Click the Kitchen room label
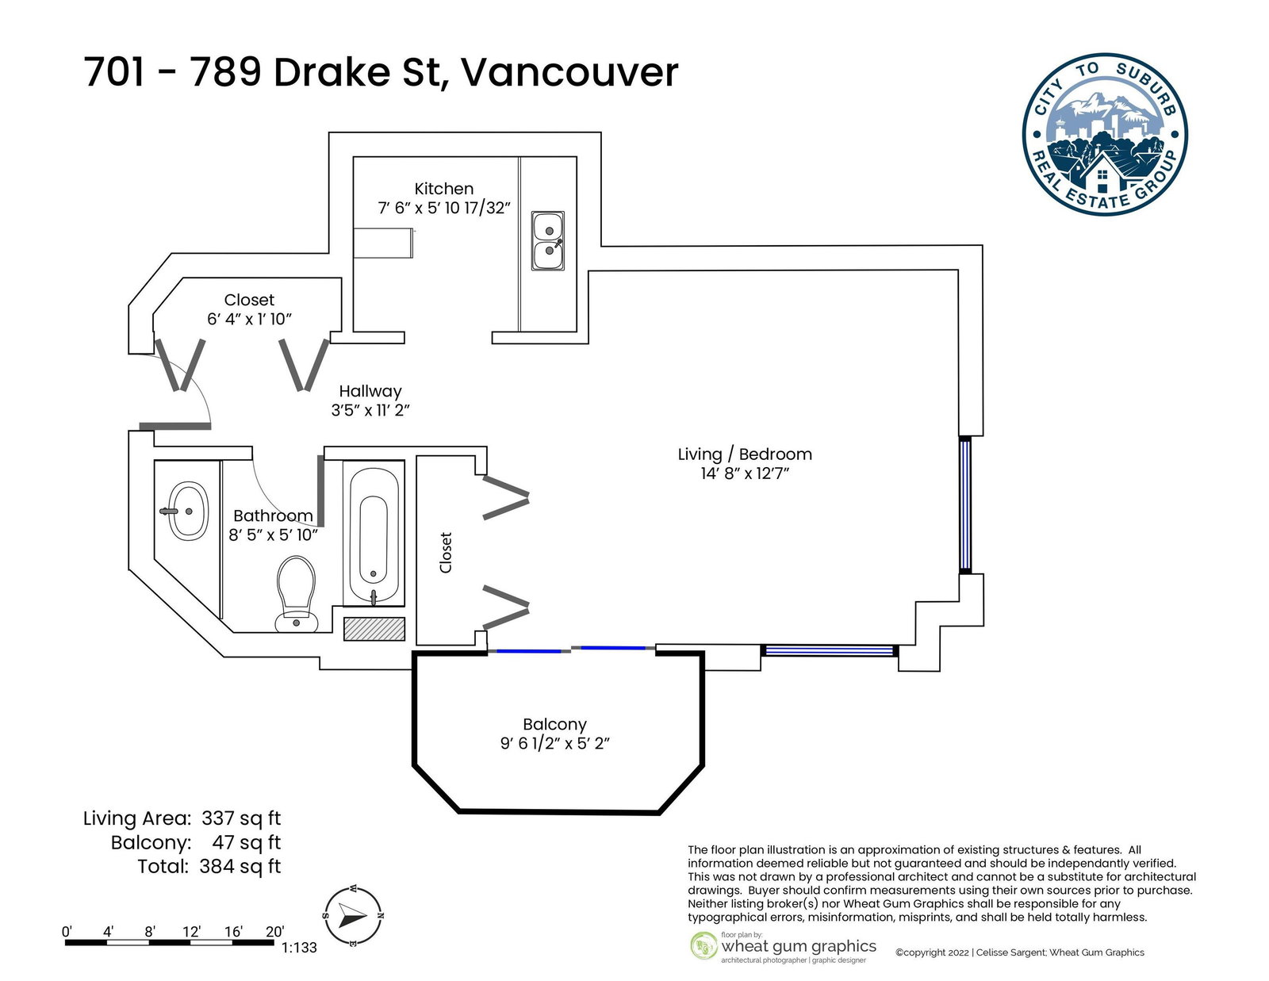click(444, 189)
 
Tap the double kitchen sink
click(548, 240)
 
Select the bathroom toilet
click(297, 593)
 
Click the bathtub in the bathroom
click(374, 534)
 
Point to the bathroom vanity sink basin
click(188, 511)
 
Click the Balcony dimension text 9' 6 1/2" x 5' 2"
click(554, 743)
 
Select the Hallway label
click(370, 391)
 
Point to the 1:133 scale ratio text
click(299, 947)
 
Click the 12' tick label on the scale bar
click(192, 931)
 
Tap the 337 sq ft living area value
click(241, 818)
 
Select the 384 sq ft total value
click(240, 866)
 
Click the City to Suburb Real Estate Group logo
click(1104, 135)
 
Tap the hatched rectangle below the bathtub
click(374, 629)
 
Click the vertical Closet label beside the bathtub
click(446, 553)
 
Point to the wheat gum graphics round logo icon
click(704, 946)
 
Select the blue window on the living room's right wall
click(965, 505)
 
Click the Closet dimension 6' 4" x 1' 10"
click(249, 319)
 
